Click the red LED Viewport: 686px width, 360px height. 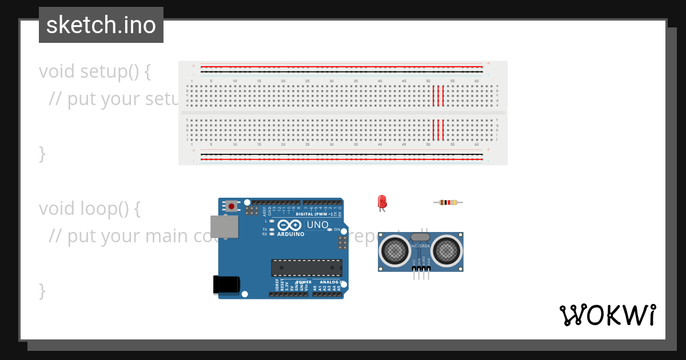382,202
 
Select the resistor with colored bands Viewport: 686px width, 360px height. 448,202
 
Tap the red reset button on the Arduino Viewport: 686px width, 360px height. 231,206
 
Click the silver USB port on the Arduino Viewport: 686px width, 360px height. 224,227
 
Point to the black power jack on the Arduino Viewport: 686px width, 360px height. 226,285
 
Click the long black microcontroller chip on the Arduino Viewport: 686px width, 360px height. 307,267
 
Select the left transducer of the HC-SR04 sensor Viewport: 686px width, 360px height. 394,249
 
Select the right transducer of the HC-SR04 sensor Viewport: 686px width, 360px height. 446,249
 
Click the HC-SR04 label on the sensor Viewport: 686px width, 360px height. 420,246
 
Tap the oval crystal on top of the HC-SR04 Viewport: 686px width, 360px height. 420,237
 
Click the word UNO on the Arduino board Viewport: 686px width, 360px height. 317,225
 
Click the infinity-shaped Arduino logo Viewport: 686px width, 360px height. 289,226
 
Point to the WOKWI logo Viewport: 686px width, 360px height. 608,315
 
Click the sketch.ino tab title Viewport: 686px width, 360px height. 101,25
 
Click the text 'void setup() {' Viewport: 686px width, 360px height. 95,71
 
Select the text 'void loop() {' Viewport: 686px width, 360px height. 90,209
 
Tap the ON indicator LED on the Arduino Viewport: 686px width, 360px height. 330,230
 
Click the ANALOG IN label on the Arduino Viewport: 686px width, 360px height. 331,282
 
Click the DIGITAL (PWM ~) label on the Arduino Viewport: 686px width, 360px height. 314,214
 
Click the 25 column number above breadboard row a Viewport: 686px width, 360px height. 307,81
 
